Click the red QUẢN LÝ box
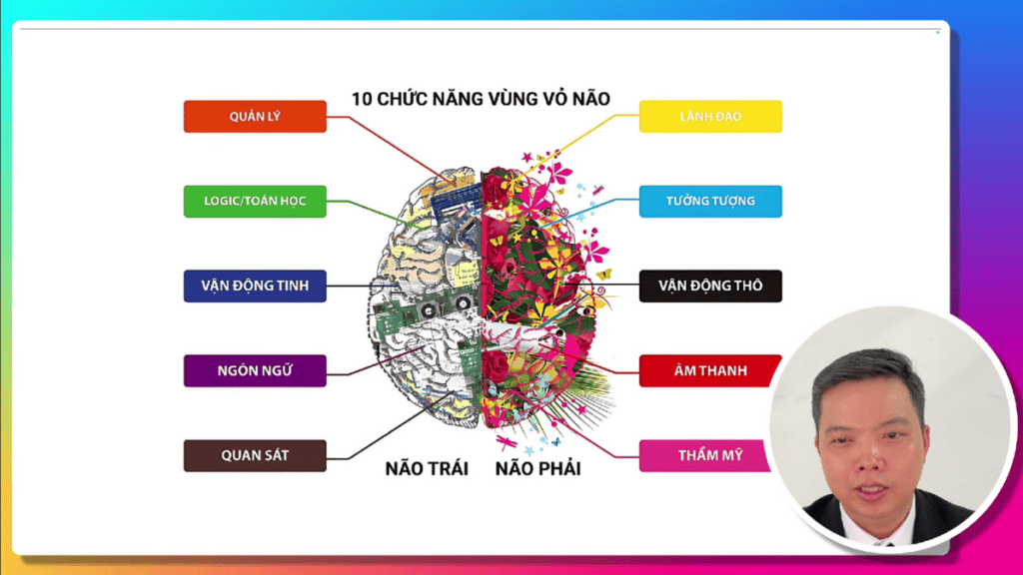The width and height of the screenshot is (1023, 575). pos(255,117)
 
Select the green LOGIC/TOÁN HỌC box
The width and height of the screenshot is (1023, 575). pos(255,201)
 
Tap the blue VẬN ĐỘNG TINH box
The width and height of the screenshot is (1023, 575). pos(255,286)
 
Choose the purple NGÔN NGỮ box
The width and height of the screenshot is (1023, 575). pos(255,370)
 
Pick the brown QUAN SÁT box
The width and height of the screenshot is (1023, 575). pos(255,455)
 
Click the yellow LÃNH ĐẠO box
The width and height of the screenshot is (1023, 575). pos(710,117)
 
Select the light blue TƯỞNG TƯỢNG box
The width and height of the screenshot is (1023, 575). pos(710,201)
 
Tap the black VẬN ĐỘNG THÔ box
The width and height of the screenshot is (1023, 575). pos(710,286)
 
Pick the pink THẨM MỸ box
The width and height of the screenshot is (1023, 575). pos(704,455)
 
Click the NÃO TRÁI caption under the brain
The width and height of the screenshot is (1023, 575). pos(427,469)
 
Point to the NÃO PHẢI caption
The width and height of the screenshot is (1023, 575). pos(538,469)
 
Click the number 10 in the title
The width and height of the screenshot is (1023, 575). pos(362,99)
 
